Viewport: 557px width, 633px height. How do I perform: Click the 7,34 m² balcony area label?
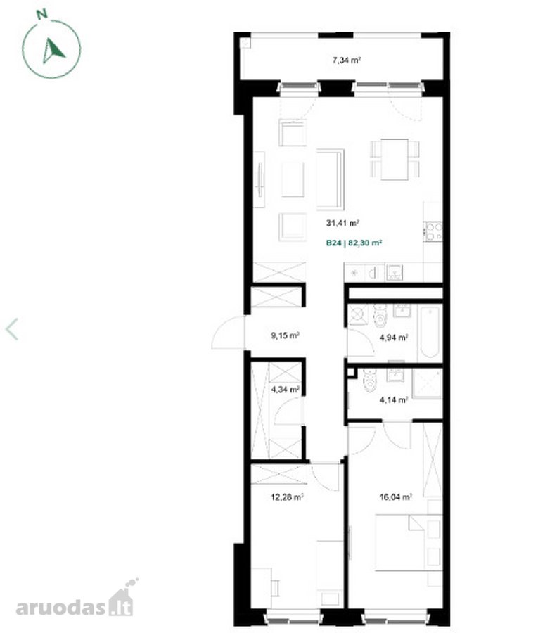coord(346,60)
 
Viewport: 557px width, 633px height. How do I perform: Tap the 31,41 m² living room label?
coord(342,222)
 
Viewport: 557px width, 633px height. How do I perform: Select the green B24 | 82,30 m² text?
coord(354,243)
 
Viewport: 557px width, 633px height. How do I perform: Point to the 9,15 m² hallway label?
coord(285,335)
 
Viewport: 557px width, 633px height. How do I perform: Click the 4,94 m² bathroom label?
coord(394,338)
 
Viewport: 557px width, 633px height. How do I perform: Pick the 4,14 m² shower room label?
coord(394,400)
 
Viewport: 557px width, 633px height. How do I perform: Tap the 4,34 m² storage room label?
coord(285,390)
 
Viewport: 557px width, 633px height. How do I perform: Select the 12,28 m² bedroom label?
coord(288,497)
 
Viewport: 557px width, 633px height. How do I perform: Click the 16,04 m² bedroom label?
coord(395,497)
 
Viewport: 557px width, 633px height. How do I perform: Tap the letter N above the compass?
coord(41,15)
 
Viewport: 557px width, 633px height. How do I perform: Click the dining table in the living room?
coord(395,160)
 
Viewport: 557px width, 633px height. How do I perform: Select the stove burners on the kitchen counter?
coord(434,231)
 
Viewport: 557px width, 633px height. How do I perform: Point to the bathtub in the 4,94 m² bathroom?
coord(429,333)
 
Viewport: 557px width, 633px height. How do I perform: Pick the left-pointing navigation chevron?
coord(12,329)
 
